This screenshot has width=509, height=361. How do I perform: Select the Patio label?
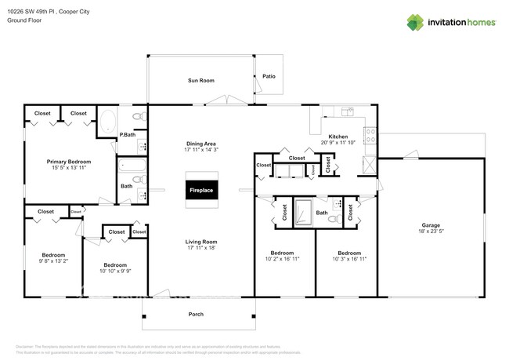269,77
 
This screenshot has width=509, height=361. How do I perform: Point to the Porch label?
196,315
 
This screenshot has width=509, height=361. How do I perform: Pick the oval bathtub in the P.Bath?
108,122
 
